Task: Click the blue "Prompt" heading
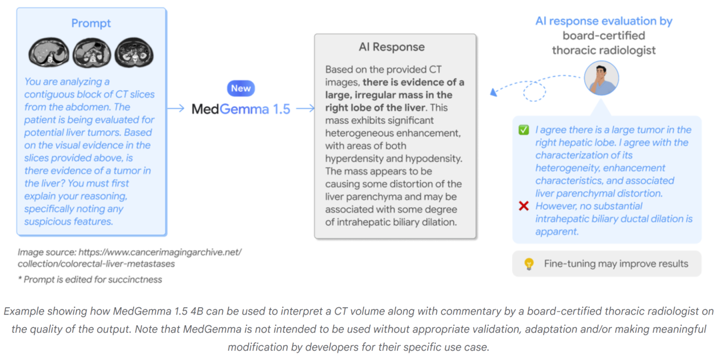(91, 23)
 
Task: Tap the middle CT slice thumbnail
(91, 53)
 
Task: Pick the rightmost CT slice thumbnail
(133, 53)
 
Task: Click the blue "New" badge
(241, 88)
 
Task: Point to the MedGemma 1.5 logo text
(241, 109)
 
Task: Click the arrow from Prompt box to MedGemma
(176, 109)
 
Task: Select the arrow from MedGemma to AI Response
(305, 109)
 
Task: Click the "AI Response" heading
(395, 48)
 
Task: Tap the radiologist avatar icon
(601, 79)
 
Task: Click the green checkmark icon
(524, 130)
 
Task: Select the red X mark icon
(524, 206)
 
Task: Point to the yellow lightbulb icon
(529, 264)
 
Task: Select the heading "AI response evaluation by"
(604, 21)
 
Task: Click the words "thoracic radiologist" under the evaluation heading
(604, 50)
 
